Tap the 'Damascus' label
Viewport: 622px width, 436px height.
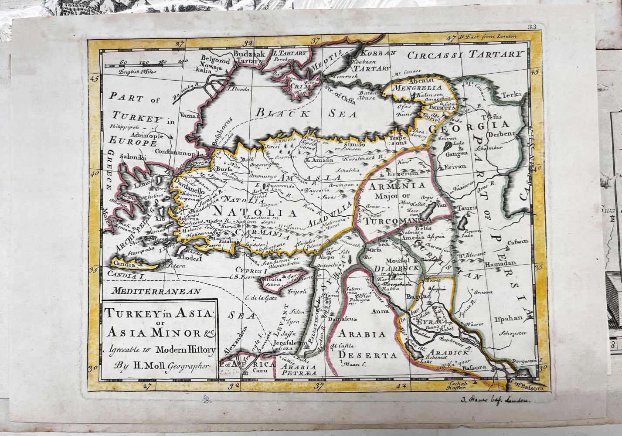[341, 319]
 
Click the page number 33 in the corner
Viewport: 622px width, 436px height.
[531, 27]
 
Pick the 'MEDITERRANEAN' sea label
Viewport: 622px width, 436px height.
[156, 291]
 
